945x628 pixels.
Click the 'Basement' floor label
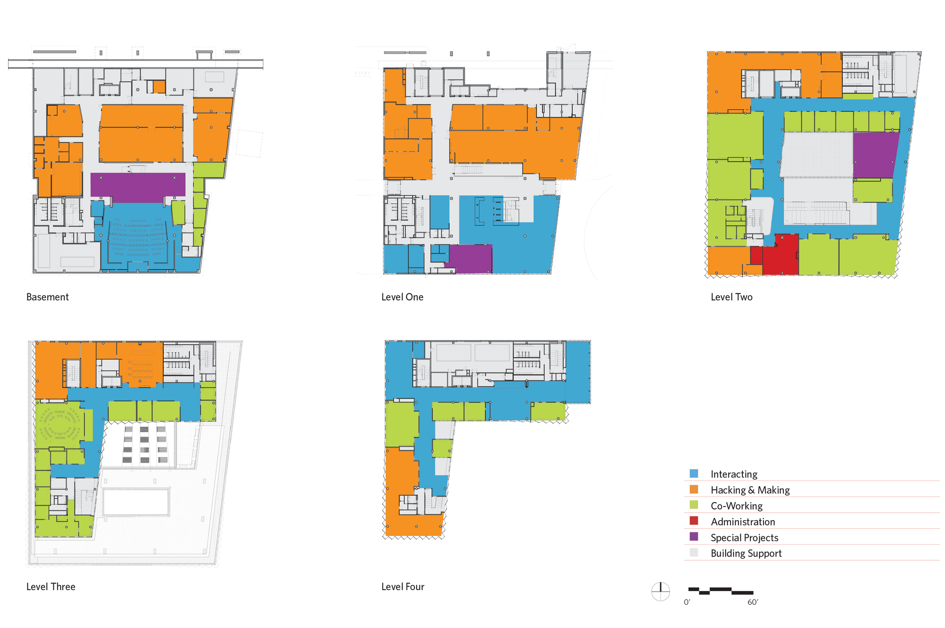pos(47,297)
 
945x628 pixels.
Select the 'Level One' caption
pos(402,297)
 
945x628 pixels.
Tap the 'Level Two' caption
pos(731,297)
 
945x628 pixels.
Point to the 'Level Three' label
pos(51,587)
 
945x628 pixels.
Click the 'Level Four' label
pos(403,587)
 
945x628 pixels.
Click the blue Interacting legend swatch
pos(694,473)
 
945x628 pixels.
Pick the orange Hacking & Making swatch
pos(694,489)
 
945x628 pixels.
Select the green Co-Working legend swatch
pos(694,505)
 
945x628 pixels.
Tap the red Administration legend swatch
pos(694,521)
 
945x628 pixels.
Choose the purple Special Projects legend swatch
pos(694,537)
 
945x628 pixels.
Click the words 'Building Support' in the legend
pos(746,553)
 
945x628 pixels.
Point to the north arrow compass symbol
pos(661,591)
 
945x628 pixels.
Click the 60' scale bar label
pos(753,602)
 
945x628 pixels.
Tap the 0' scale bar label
pos(687,602)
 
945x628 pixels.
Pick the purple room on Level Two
pos(874,155)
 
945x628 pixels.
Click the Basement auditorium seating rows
pos(138,239)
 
